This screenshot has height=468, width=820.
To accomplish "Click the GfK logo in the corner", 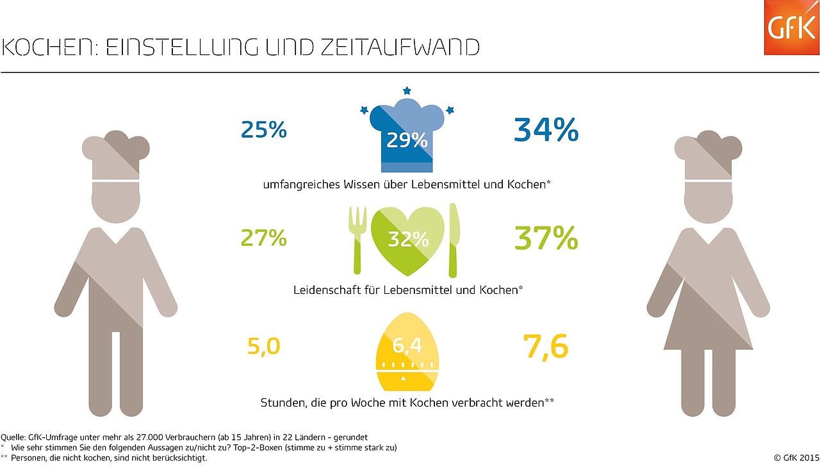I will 791,28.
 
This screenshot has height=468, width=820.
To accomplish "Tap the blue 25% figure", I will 263,131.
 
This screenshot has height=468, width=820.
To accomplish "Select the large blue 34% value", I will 546,131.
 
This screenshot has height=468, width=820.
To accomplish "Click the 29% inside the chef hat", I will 407,140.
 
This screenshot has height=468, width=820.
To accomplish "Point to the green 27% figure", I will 263,238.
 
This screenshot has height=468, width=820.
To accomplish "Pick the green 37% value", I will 546,238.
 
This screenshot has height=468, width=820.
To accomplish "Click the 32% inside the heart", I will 407,239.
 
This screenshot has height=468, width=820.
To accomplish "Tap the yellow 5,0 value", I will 263,346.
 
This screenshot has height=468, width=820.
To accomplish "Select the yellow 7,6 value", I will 546,347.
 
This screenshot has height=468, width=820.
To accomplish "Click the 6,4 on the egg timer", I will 407,346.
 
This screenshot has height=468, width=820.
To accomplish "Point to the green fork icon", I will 356,239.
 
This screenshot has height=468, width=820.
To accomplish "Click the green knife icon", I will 454,239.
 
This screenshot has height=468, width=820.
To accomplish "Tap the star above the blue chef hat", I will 407,91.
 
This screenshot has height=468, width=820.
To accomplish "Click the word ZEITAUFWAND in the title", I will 398,48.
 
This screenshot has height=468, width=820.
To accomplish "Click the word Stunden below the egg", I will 282,403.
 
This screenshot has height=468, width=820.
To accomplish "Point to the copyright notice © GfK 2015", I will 796,458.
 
